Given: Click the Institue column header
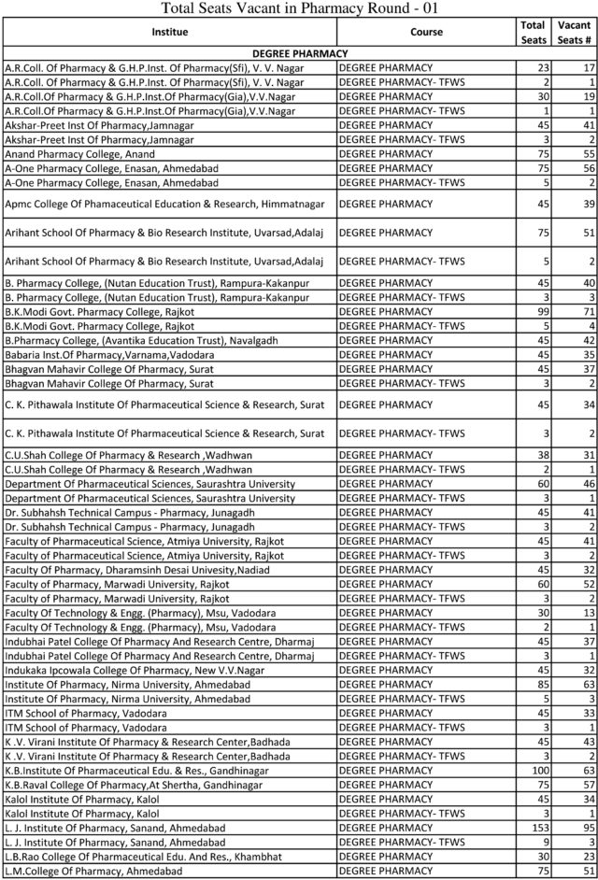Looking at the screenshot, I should click(169, 32).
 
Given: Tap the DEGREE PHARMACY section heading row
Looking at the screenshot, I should click(300, 54).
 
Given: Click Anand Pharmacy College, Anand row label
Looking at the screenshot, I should click(80, 153).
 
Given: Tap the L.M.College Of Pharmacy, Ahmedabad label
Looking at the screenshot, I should click(93, 871).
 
